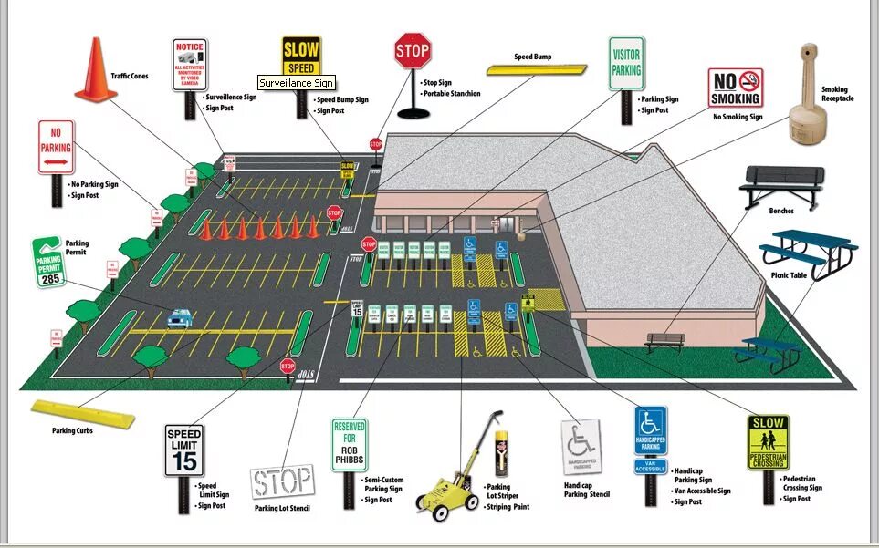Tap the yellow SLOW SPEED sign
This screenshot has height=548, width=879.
[300, 57]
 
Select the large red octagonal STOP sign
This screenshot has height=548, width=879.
[413, 50]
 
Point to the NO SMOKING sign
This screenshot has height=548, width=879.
[736, 88]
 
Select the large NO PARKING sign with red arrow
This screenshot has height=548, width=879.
[56, 147]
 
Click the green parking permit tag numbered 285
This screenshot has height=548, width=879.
[49, 264]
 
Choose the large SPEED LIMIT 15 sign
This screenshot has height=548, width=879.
[184, 450]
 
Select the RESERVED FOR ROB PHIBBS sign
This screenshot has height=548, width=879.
[349, 444]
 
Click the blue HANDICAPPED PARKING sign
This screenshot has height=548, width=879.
[651, 431]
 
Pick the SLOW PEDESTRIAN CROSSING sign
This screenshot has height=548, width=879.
[767, 442]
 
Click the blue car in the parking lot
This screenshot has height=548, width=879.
[180, 317]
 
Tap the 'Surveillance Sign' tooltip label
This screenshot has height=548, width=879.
[297, 83]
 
